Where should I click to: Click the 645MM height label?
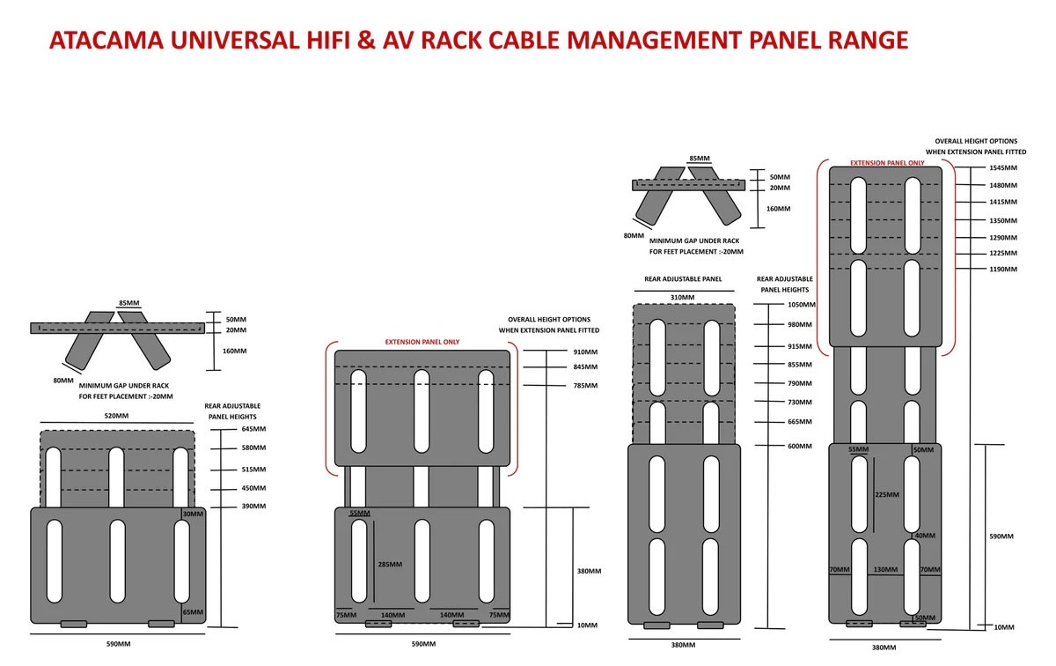(x=253, y=429)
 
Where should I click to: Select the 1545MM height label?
(x=1003, y=167)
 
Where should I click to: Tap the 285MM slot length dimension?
(x=389, y=565)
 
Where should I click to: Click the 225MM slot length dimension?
(x=886, y=495)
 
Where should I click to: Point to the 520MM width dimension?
(x=117, y=416)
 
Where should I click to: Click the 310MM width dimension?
(x=683, y=298)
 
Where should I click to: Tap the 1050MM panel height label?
(x=802, y=305)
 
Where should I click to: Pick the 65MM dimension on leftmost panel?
(x=193, y=612)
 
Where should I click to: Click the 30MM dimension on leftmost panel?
(x=193, y=514)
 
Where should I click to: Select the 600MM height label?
(x=800, y=446)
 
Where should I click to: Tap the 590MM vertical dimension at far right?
(x=1002, y=536)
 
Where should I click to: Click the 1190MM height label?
(x=1003, y=269)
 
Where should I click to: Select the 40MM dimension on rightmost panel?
(x=924, y=536)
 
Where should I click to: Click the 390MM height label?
(x=253, y=507)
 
